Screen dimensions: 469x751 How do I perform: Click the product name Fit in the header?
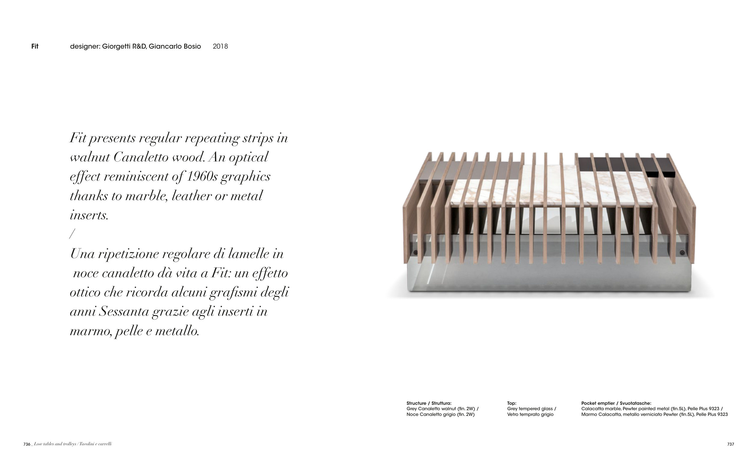(35, 47)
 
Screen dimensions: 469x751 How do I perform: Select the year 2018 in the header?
(220, 47)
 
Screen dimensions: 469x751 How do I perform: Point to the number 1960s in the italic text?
(202, 176)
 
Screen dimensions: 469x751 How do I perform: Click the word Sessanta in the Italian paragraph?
(124, 311)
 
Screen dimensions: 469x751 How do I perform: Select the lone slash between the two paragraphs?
(72, 234)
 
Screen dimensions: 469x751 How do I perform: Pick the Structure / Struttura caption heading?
(429, 403)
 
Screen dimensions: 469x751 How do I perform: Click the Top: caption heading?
(512, 403)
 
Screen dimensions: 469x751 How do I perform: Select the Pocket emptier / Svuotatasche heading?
(616, 403)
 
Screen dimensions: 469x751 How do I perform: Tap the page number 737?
(731, 444)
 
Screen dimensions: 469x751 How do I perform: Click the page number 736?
(27, 444)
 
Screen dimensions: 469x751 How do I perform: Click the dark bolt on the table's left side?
(415, 252)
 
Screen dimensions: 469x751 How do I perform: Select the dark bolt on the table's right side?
(683, 252)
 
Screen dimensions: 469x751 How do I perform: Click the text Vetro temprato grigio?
(530, 414)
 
